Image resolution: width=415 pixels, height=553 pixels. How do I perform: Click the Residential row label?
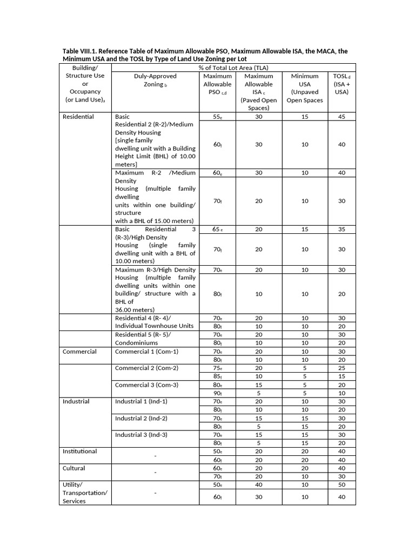pyautogui.click(x=78, y=117)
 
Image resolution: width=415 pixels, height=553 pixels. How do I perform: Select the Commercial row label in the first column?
pyautogui.click(x=79, y=352)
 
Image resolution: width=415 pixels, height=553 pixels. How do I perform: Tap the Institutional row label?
pyautogui.click(x=80, y=451)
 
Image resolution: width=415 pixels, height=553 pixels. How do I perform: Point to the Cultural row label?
pyautogui.click(x=74, y=468)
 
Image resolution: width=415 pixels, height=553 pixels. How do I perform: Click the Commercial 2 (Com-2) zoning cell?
pyautogui.click(x=146, y=368)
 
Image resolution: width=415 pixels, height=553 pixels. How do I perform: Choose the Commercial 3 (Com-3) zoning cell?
pyautogui.click(x=146, y=385)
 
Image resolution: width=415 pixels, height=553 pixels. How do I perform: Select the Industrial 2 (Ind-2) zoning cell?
pyautogui.click(x=141, y=418)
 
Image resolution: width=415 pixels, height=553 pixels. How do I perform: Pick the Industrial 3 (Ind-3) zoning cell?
pyautogui.click(x=141, y=435)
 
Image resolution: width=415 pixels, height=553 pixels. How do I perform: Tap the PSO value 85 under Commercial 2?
pyautogui.click(x=217, y=376)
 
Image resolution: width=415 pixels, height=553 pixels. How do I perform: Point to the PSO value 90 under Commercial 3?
pyautogui.click(x=217, y=393)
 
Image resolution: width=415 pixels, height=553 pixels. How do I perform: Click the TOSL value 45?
pyautogui.click(x=342, y=117)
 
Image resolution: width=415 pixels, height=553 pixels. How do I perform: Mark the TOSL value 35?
pyautogui.click(x=342, y=229)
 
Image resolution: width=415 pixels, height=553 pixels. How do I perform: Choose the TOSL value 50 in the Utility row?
pyautogui.click(x=342, y=485)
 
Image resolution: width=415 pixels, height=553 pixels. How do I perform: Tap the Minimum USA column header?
pyautogui.click(x=305, y=88)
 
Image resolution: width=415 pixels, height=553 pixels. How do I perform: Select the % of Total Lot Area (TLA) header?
pyautogui.click(x=233, y=68)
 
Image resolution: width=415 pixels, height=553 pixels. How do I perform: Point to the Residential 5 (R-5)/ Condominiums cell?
pyautogui.click(x=144, y=339)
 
